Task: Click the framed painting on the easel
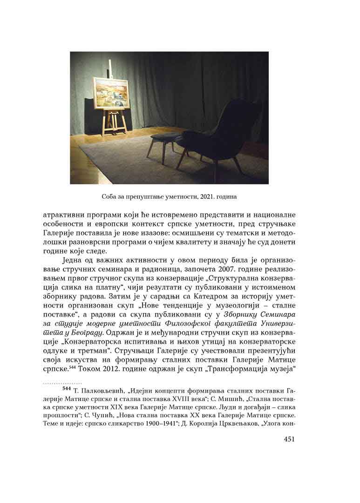(110, 93)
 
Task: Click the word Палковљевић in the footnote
(102, 390)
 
